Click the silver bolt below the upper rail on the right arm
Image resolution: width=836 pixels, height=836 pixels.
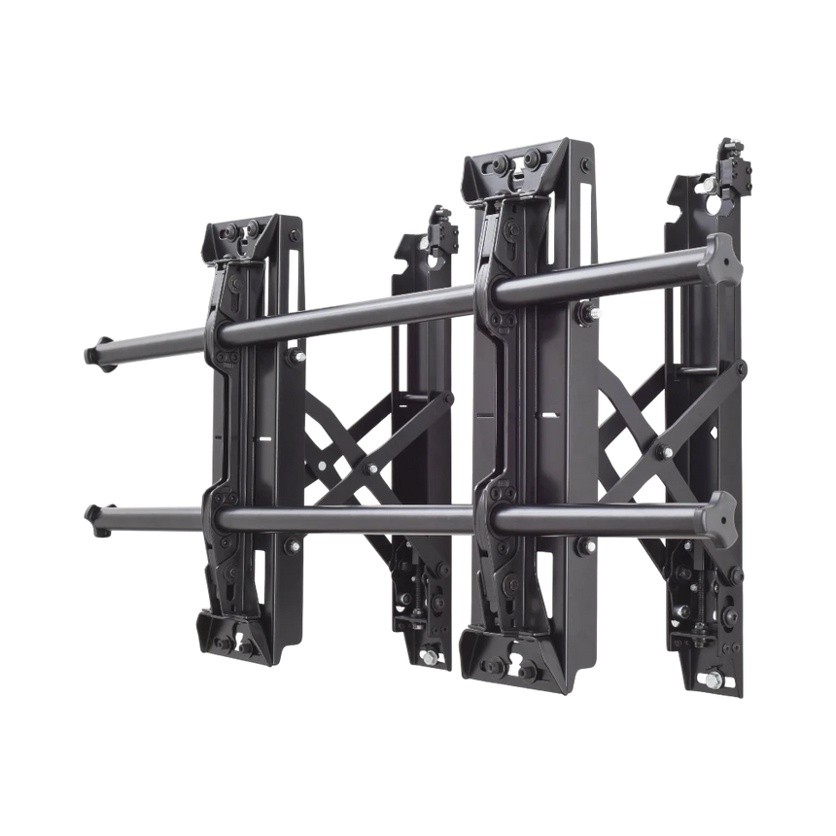click(x=594, y=313)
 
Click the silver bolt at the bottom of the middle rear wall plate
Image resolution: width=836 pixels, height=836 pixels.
click(x=427, y=662)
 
